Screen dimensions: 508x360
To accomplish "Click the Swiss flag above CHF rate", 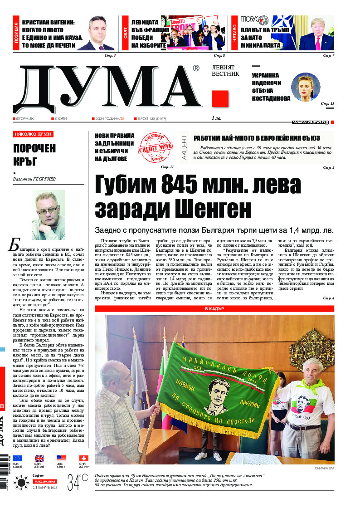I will (x=83, y=459).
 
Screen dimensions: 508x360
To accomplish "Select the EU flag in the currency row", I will (x=17, y=459).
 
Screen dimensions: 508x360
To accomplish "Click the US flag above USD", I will (x=61, y=459).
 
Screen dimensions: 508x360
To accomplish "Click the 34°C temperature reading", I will (x=77, y=481).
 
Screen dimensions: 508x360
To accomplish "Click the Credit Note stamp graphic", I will (x=154, y=147).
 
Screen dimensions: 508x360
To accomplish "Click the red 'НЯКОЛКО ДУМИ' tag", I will (x=33, y=134).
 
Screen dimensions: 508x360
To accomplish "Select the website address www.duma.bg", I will (x=310, y=122).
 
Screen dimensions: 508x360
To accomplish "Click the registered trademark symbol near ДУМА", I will (x=196, y=68).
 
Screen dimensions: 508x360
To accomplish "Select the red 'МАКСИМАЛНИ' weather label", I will (x=44, y=481).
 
